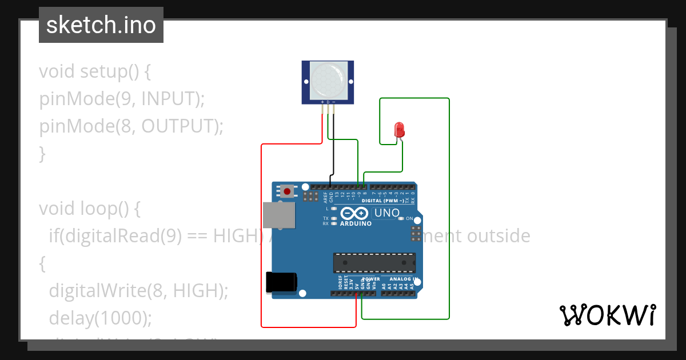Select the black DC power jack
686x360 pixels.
(281, 282)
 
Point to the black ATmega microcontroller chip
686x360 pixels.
(374, 262)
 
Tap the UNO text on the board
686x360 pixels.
(386, 213)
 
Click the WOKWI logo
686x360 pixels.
(607, 315)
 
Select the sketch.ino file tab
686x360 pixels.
(101, 25)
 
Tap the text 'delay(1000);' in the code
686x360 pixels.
(101, 318)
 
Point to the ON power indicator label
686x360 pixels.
(409, 218)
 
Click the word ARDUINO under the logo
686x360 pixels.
(356, 223)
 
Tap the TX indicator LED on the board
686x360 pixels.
(333, 218)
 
